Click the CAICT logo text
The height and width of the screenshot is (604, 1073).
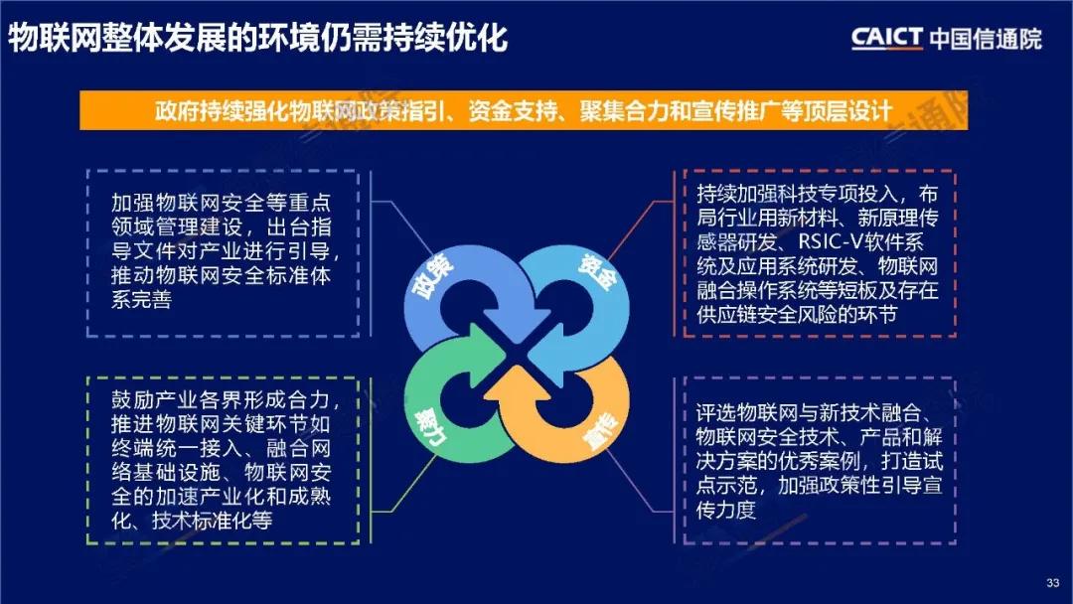[x=887, y=38]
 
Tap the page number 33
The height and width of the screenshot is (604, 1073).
[x=1053, y=583]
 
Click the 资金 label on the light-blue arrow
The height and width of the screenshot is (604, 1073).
[x=598, y=272]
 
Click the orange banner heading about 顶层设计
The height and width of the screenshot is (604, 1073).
[x=524, y=110]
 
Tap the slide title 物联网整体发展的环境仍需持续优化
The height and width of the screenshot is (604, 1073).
[x=257, y=38]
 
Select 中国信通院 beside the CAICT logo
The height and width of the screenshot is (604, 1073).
[x=986, y=39]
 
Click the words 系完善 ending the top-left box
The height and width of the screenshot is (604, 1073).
[x=142, y=300]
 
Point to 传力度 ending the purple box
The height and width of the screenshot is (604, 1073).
[x=726, y=510]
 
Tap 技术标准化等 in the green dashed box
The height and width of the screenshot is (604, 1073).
[x=213, y=521]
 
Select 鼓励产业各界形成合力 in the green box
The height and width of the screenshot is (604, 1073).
[x=221, y=400]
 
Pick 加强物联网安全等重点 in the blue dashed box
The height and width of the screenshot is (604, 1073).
[x=221, y=203]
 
